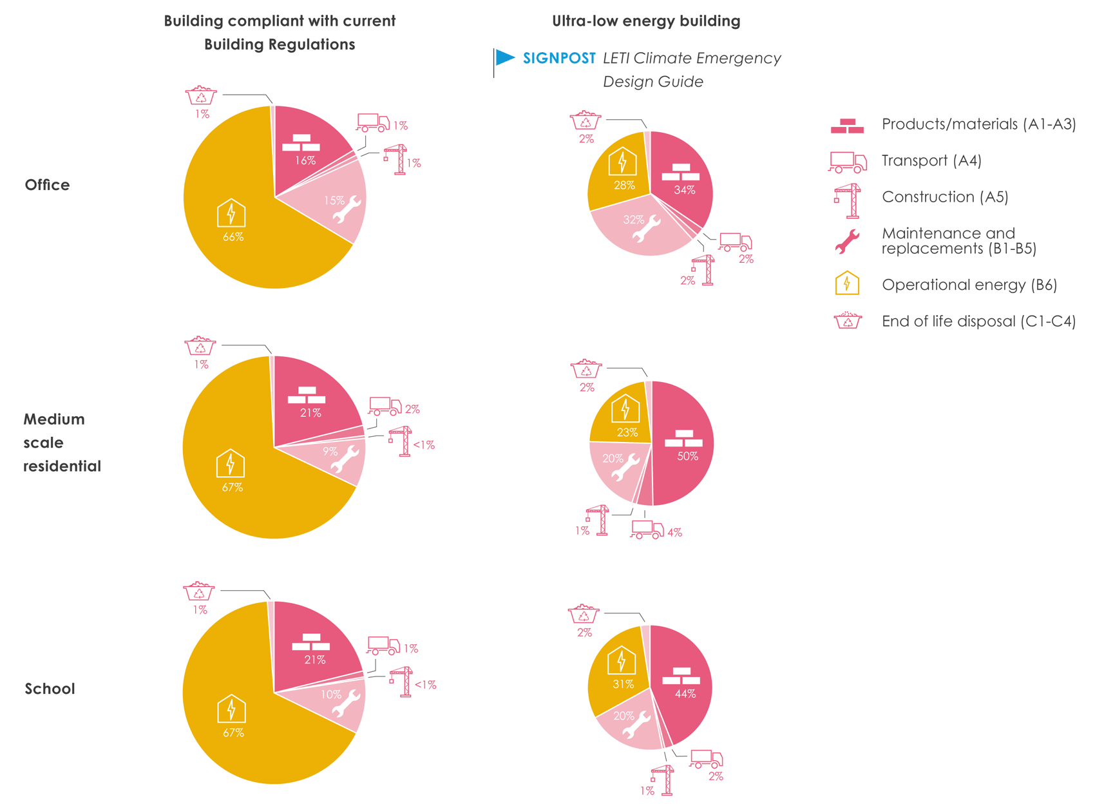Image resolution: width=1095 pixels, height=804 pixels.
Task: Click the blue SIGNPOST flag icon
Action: [x=504, y=58]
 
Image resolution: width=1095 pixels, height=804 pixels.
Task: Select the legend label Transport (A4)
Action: [x=931, y=160]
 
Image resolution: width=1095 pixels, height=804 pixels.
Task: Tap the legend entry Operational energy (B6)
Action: [x=969, y=285]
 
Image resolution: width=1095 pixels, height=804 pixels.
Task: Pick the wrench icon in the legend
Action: [x=847, y=241]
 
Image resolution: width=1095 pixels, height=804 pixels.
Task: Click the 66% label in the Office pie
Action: [x=233, y=237]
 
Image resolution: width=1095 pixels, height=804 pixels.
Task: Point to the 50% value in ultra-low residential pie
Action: [x=687, y=456]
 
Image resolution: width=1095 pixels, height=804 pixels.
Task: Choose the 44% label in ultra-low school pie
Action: [x=685, y=694]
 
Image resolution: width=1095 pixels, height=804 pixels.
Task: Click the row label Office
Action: [x=47, y=185]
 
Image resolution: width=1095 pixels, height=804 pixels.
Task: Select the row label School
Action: [x=50, y=689]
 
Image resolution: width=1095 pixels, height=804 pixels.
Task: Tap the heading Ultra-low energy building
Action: [x=646, y=21]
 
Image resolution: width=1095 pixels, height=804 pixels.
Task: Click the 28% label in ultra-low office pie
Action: [x=624, y=186]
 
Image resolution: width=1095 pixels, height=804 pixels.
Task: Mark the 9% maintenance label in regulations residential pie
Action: [x=330, y=452]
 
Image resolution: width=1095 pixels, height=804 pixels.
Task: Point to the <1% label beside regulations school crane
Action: [x=425, y=685]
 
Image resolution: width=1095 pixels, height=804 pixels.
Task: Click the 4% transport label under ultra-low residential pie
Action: [x=674, y=533]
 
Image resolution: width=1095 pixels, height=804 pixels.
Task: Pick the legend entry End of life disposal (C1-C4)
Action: [x=978, y=321]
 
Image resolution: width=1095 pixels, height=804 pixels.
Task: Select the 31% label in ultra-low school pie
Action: [x=623, y=684]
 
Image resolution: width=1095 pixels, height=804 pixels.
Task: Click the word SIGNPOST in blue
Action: [x=559, y=59]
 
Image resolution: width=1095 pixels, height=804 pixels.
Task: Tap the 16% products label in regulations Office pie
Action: [x=305, y=160]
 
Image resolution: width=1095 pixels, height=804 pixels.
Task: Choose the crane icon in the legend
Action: [x=848, y=200]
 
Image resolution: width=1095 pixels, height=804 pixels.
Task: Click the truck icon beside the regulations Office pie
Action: [x=372, y=122]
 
